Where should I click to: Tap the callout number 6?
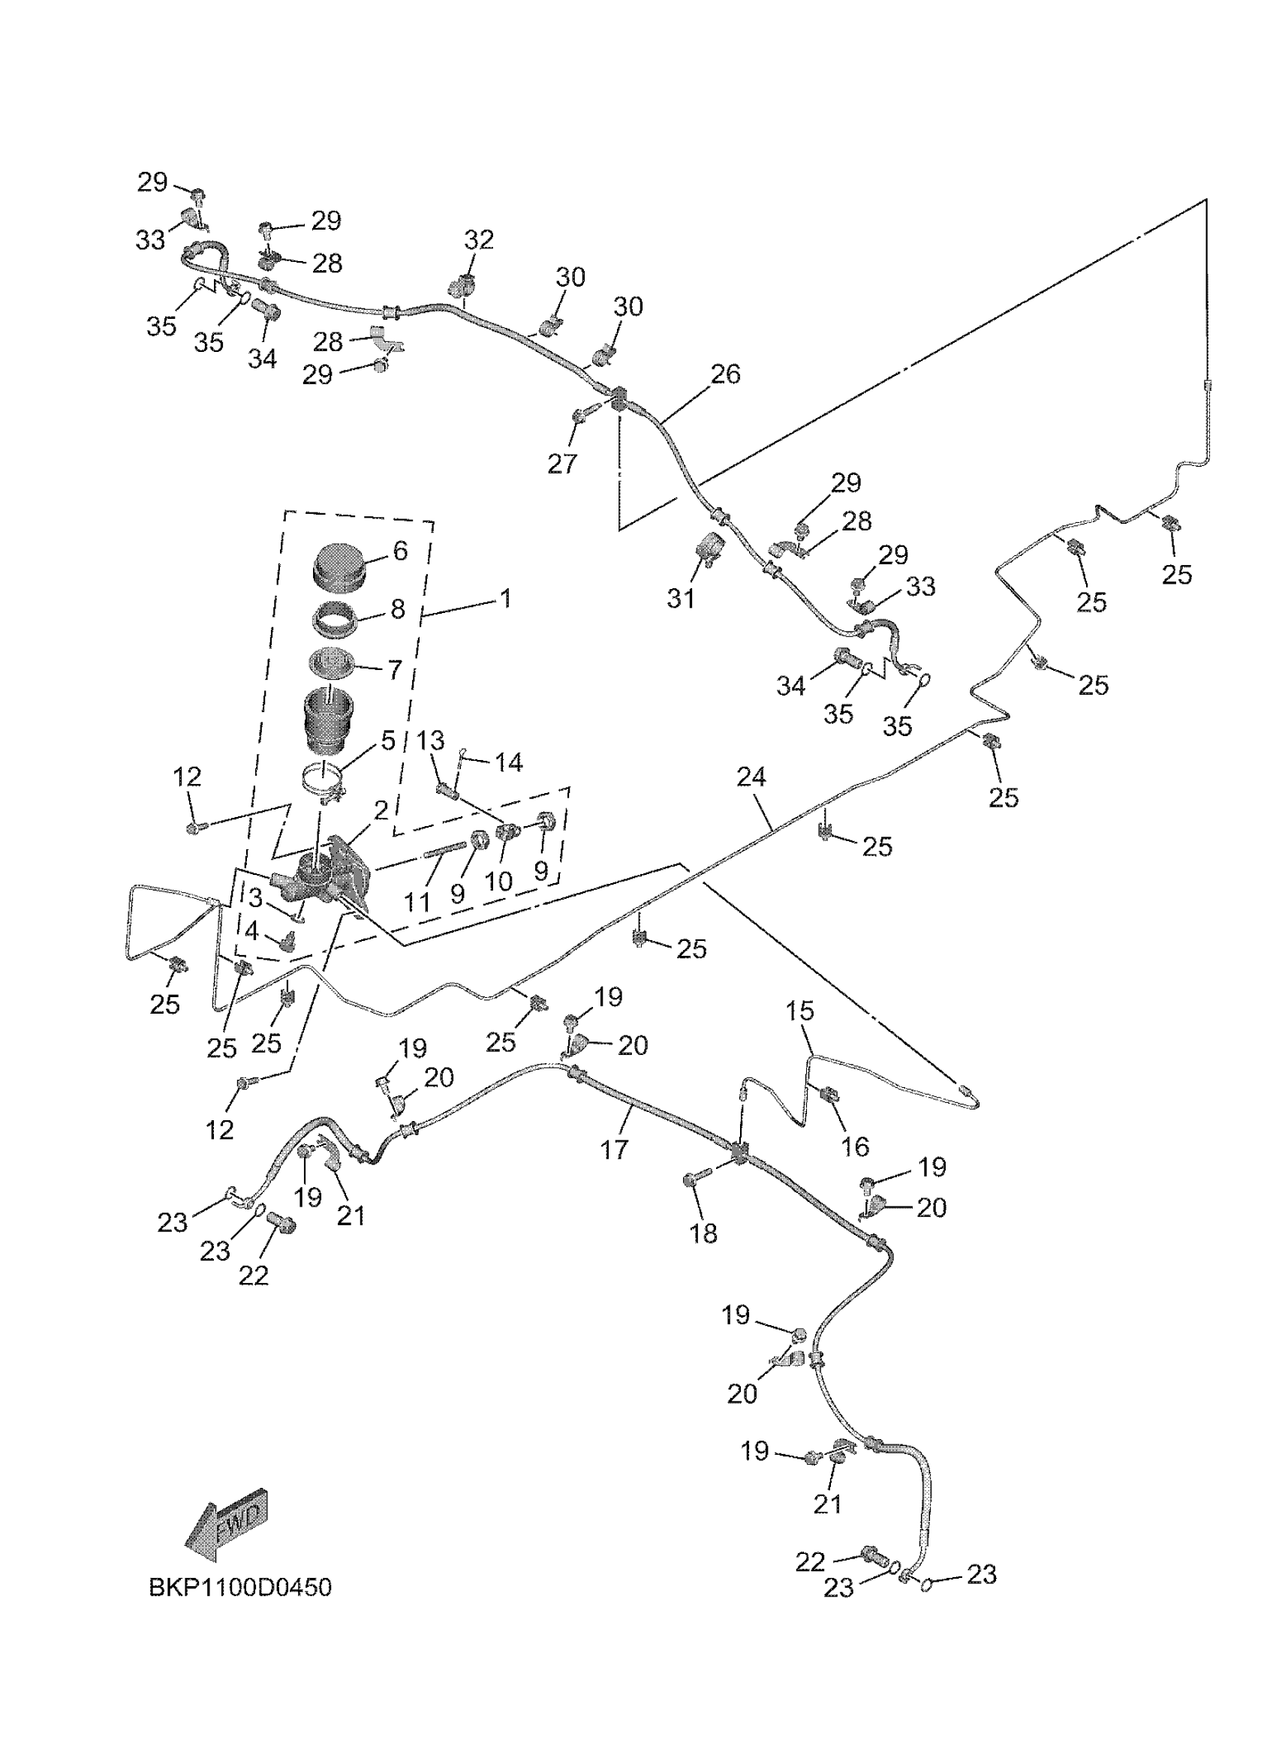tap(399, 550)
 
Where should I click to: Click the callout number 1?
tap(504, 599)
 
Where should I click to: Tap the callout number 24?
tap(751, 777)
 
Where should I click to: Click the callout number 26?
tap(726, 374)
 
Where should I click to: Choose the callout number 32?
tap(479, 239)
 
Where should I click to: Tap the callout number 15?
tap(800, 1011)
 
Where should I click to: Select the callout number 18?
tap(703, 1234)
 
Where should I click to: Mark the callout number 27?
tap(562, 464)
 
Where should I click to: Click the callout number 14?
tap(509, 762)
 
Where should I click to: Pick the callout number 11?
tap(417, 901)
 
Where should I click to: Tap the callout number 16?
tap(855, 1146)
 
